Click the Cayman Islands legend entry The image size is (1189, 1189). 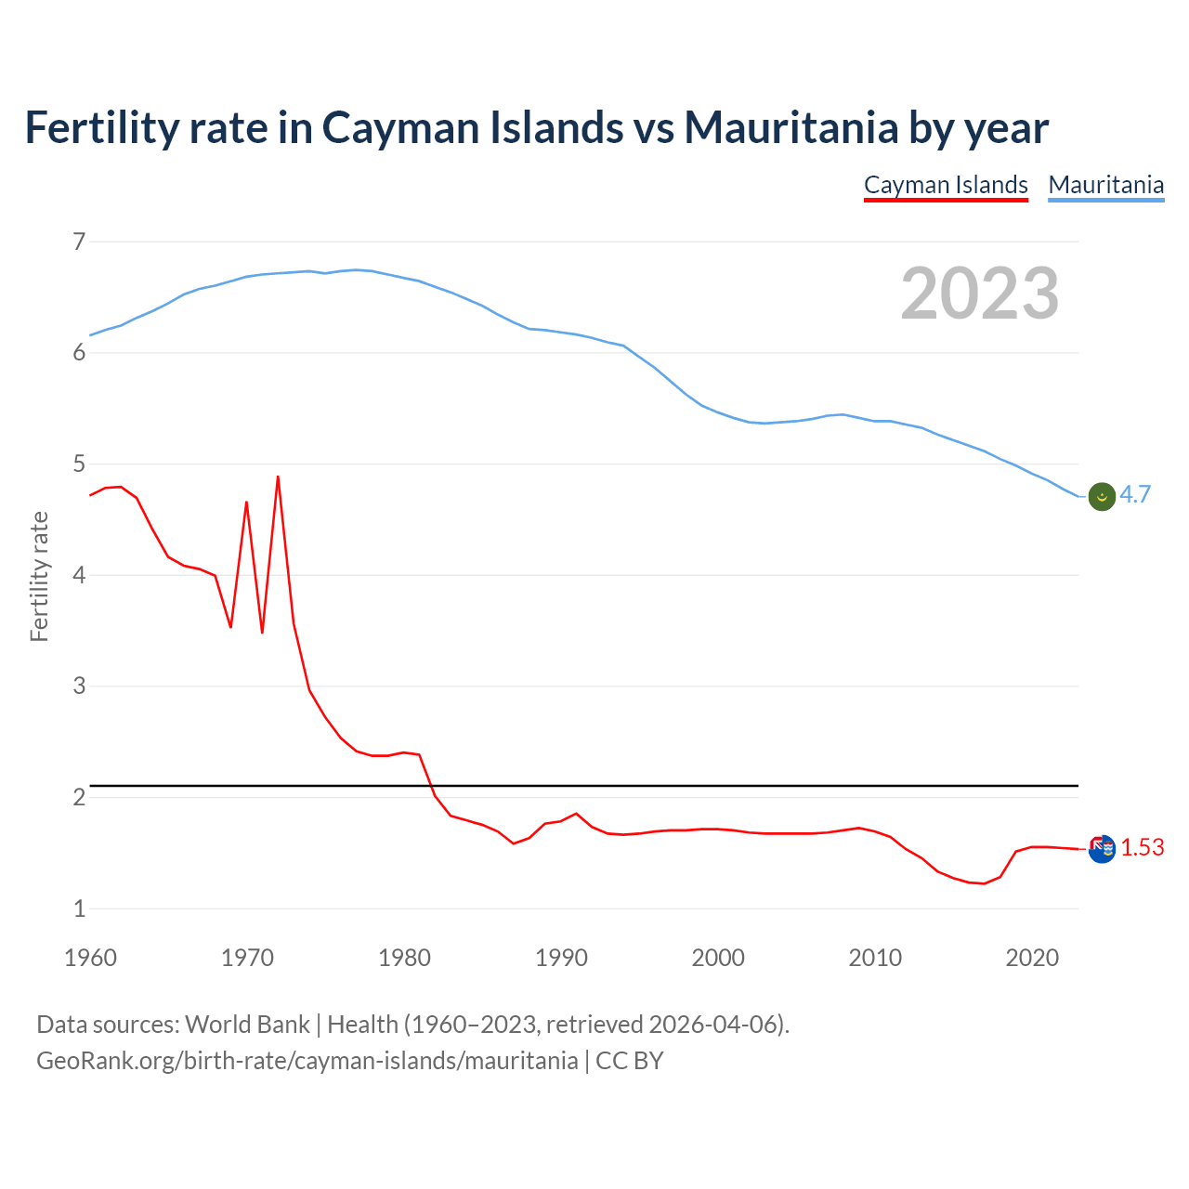(946, 185)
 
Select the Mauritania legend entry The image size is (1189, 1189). (1105, 185)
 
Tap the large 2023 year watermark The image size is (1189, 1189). (979, 294)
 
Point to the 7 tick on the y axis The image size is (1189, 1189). (79, 242)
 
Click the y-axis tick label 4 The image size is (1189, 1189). (79, 575)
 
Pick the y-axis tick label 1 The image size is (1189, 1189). (79, 908)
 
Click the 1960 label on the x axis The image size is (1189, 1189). (90, 958)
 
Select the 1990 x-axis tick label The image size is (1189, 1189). (561, 958)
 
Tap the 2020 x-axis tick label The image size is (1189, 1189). (1032, 958)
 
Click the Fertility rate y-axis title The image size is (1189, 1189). (39, 576)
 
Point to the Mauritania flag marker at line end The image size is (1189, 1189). (1102, 496)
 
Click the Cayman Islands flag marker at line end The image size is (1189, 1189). (1102, 848)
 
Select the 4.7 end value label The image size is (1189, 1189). (1135, 495)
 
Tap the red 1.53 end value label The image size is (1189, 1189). (1142, 847)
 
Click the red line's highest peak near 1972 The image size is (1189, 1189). (278, 477)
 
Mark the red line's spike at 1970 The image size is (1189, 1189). (246, 503)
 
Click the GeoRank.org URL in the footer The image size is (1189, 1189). (307, 1061)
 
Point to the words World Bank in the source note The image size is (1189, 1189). (247, 1025)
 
